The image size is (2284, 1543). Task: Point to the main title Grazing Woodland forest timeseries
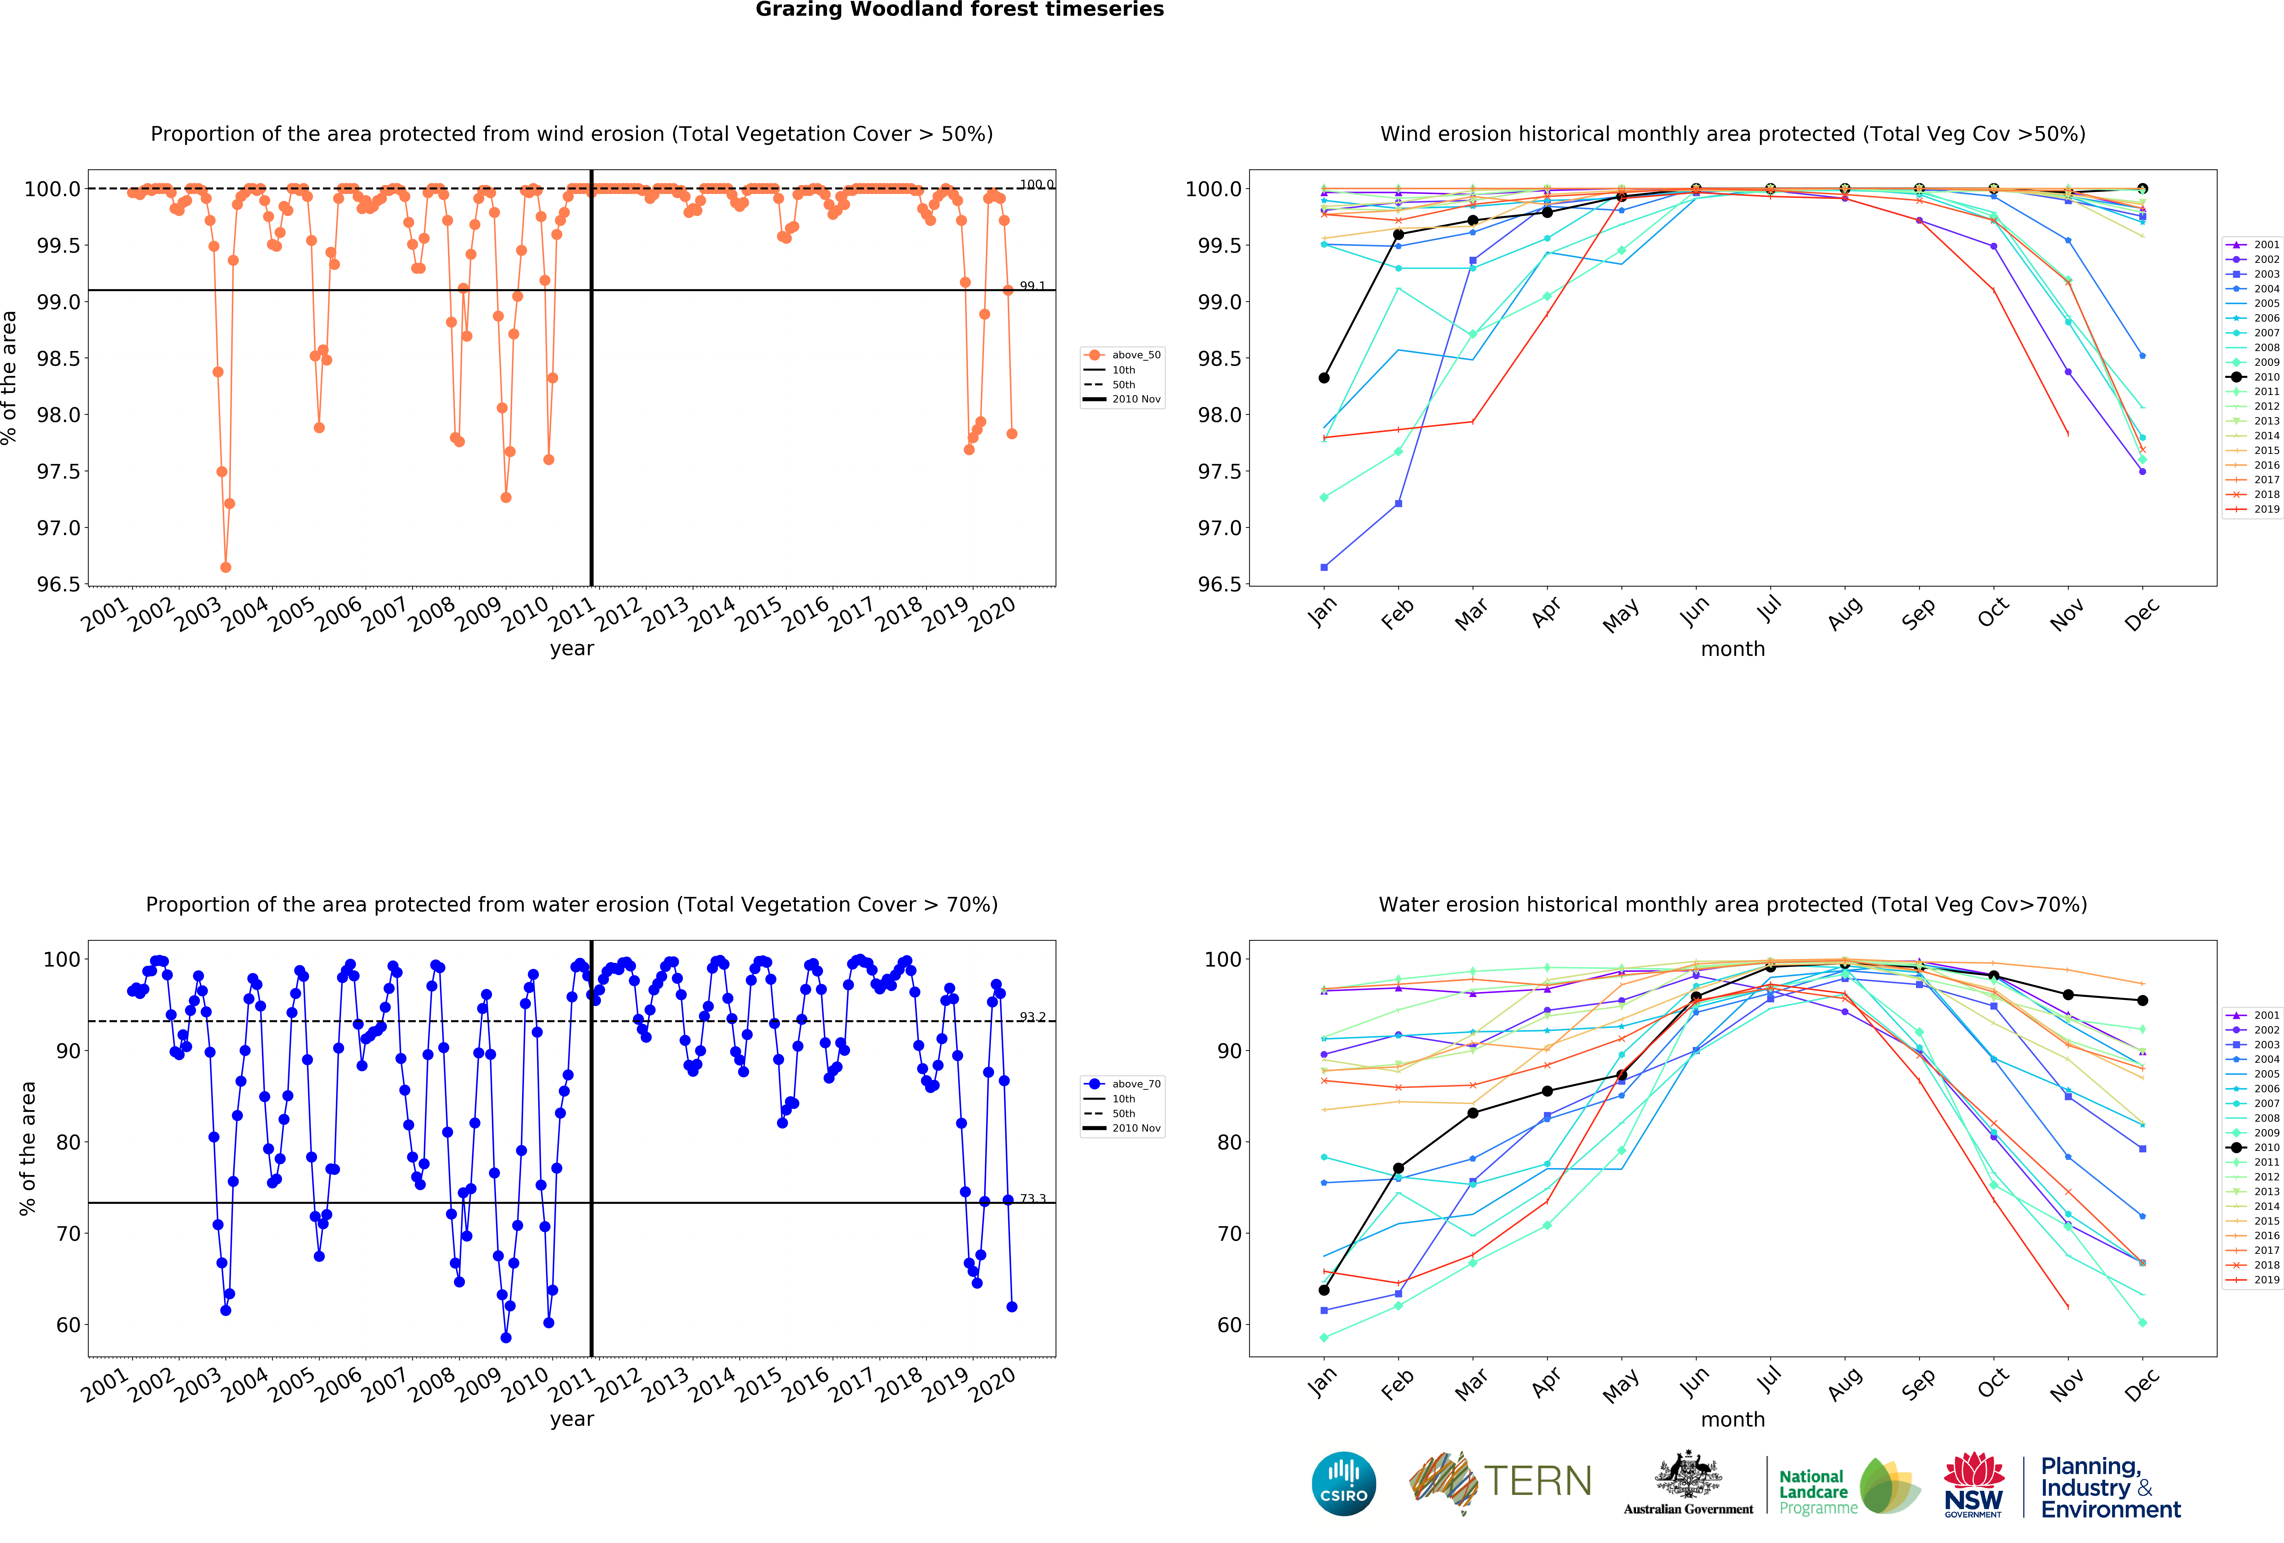(959, 10)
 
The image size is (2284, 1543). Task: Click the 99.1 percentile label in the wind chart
(1032, 286)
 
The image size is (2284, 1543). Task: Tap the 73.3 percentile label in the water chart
(1032, 1198)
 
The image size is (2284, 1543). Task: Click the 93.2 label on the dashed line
(1032, 1016)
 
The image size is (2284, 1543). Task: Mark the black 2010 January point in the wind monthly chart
(1324, 377)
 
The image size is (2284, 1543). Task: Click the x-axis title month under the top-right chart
(1733, 649)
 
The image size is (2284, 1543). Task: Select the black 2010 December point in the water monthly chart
(2142, 1000)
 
